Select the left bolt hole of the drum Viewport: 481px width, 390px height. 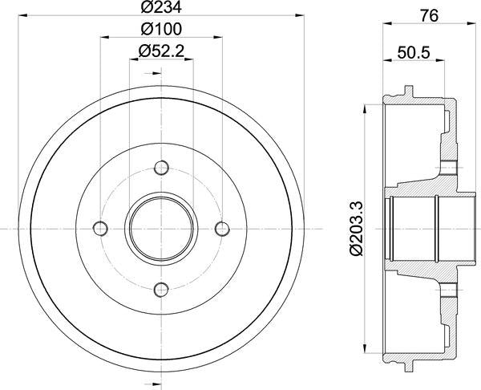pyautogui.click(x=100, y=228)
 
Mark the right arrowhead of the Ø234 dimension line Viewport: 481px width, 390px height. pyautogui.click(x=301, y=15)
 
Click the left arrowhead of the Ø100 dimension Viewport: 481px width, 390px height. pyautogui.click(x=104, y=38)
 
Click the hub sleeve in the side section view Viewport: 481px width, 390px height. pyautogui.click(x=413, y=229)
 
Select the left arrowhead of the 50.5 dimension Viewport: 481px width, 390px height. pyautogui.click(x=386, y=61)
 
